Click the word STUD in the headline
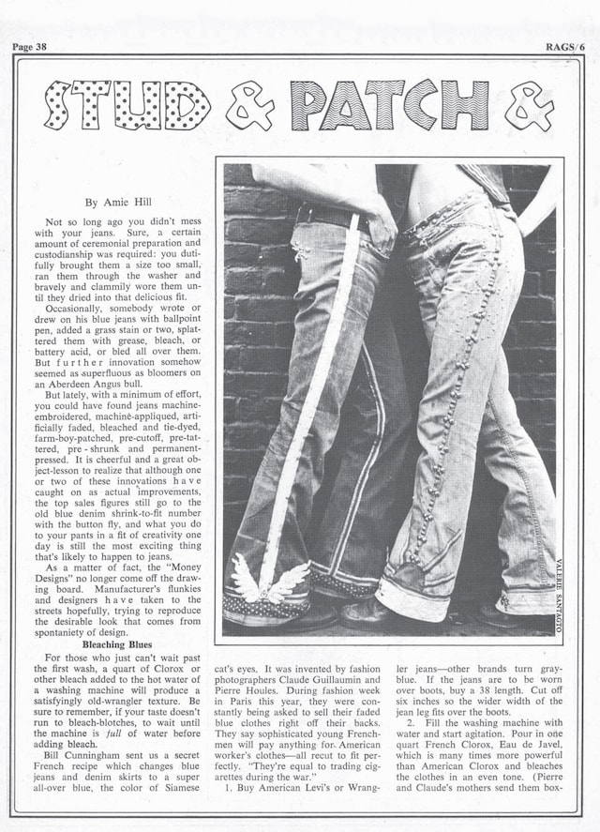click(x=127, y=105)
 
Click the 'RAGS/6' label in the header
click(x=565, y=47)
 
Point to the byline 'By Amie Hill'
click(x=118, y=202)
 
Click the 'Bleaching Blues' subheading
click(x=117, y=645)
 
